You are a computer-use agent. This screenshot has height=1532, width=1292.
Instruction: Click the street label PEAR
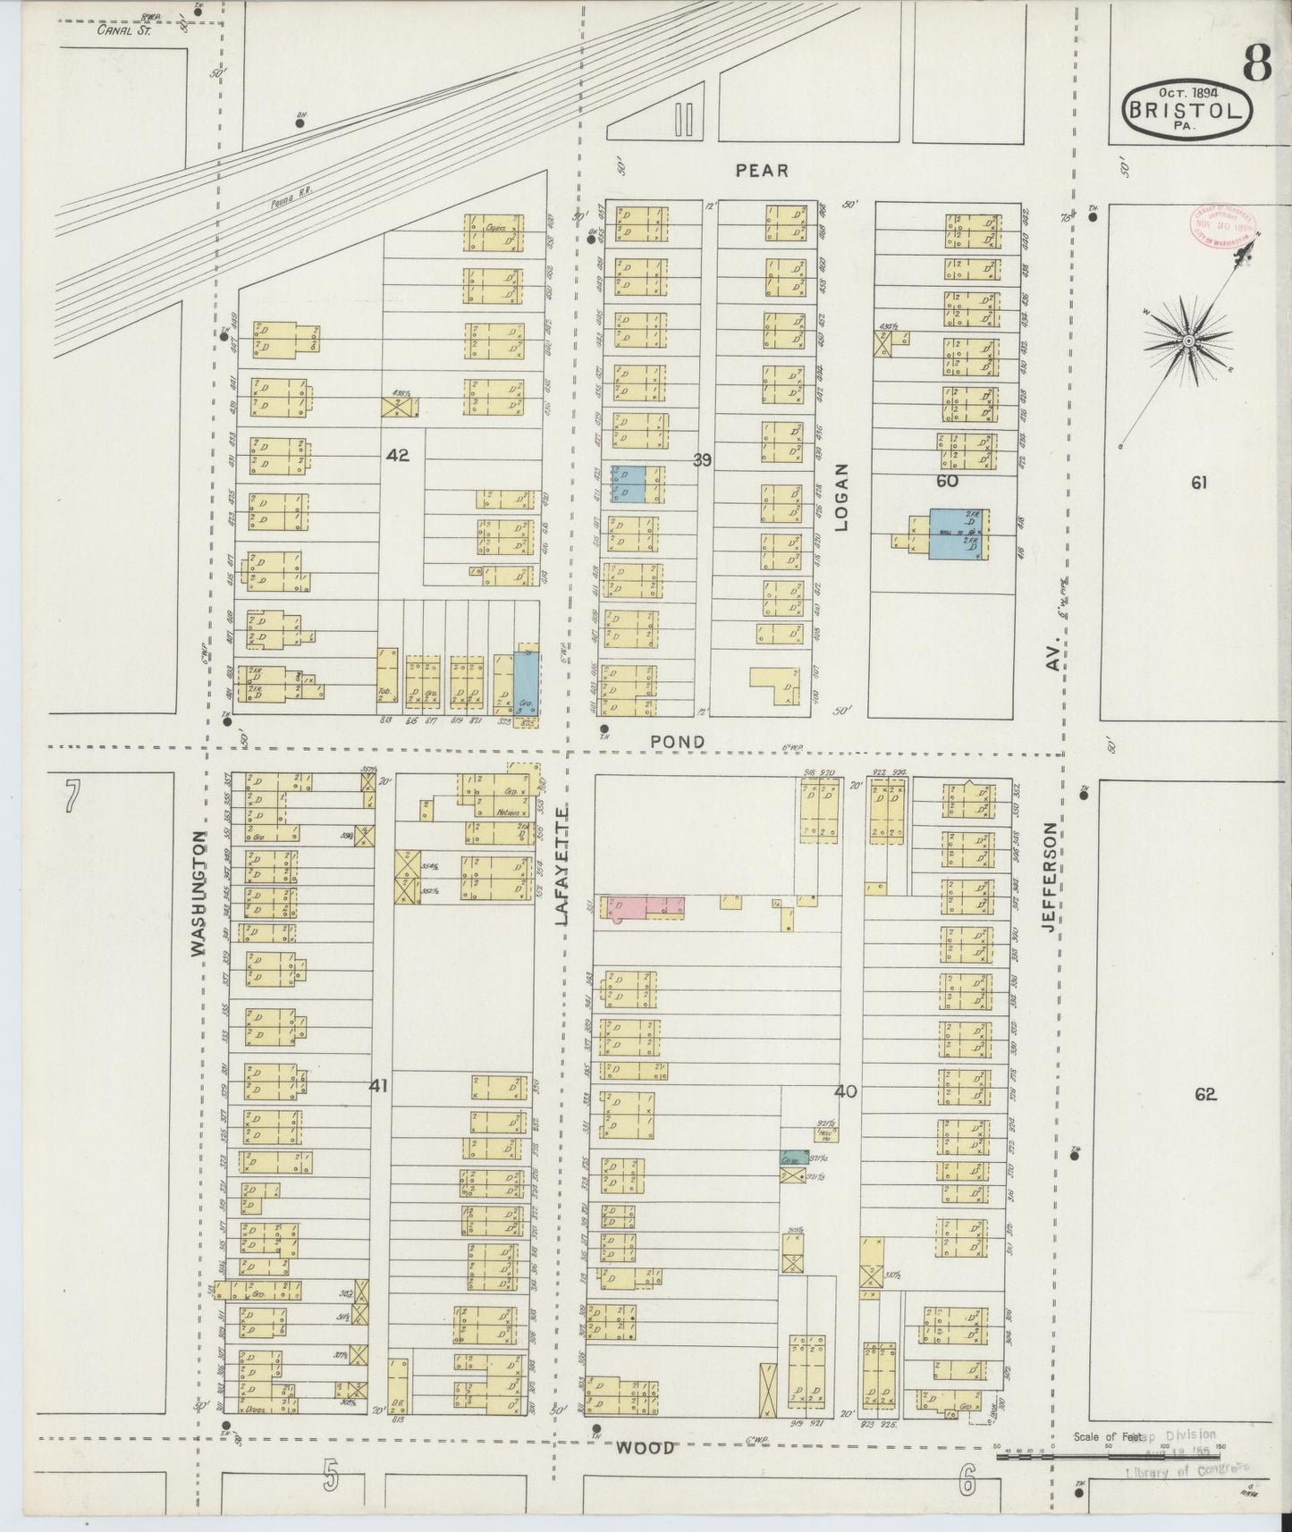tap(762, 170)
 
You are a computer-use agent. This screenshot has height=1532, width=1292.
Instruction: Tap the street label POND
tap(677, 742)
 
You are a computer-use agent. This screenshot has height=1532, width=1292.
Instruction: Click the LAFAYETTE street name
tap(562, 864)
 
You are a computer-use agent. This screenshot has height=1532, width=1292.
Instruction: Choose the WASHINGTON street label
tap(198, 894)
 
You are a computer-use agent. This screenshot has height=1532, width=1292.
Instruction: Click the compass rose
tap(1187, 341)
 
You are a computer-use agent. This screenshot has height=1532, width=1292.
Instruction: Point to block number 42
tap(398, 455)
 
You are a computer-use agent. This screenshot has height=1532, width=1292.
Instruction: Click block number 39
tap(702, 460)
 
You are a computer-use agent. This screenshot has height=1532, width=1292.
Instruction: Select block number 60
tap(947, 481)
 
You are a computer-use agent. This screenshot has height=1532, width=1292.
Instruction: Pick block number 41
tap(379, 1086)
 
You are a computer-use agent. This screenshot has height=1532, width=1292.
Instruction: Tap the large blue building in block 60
tap(958, 534)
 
